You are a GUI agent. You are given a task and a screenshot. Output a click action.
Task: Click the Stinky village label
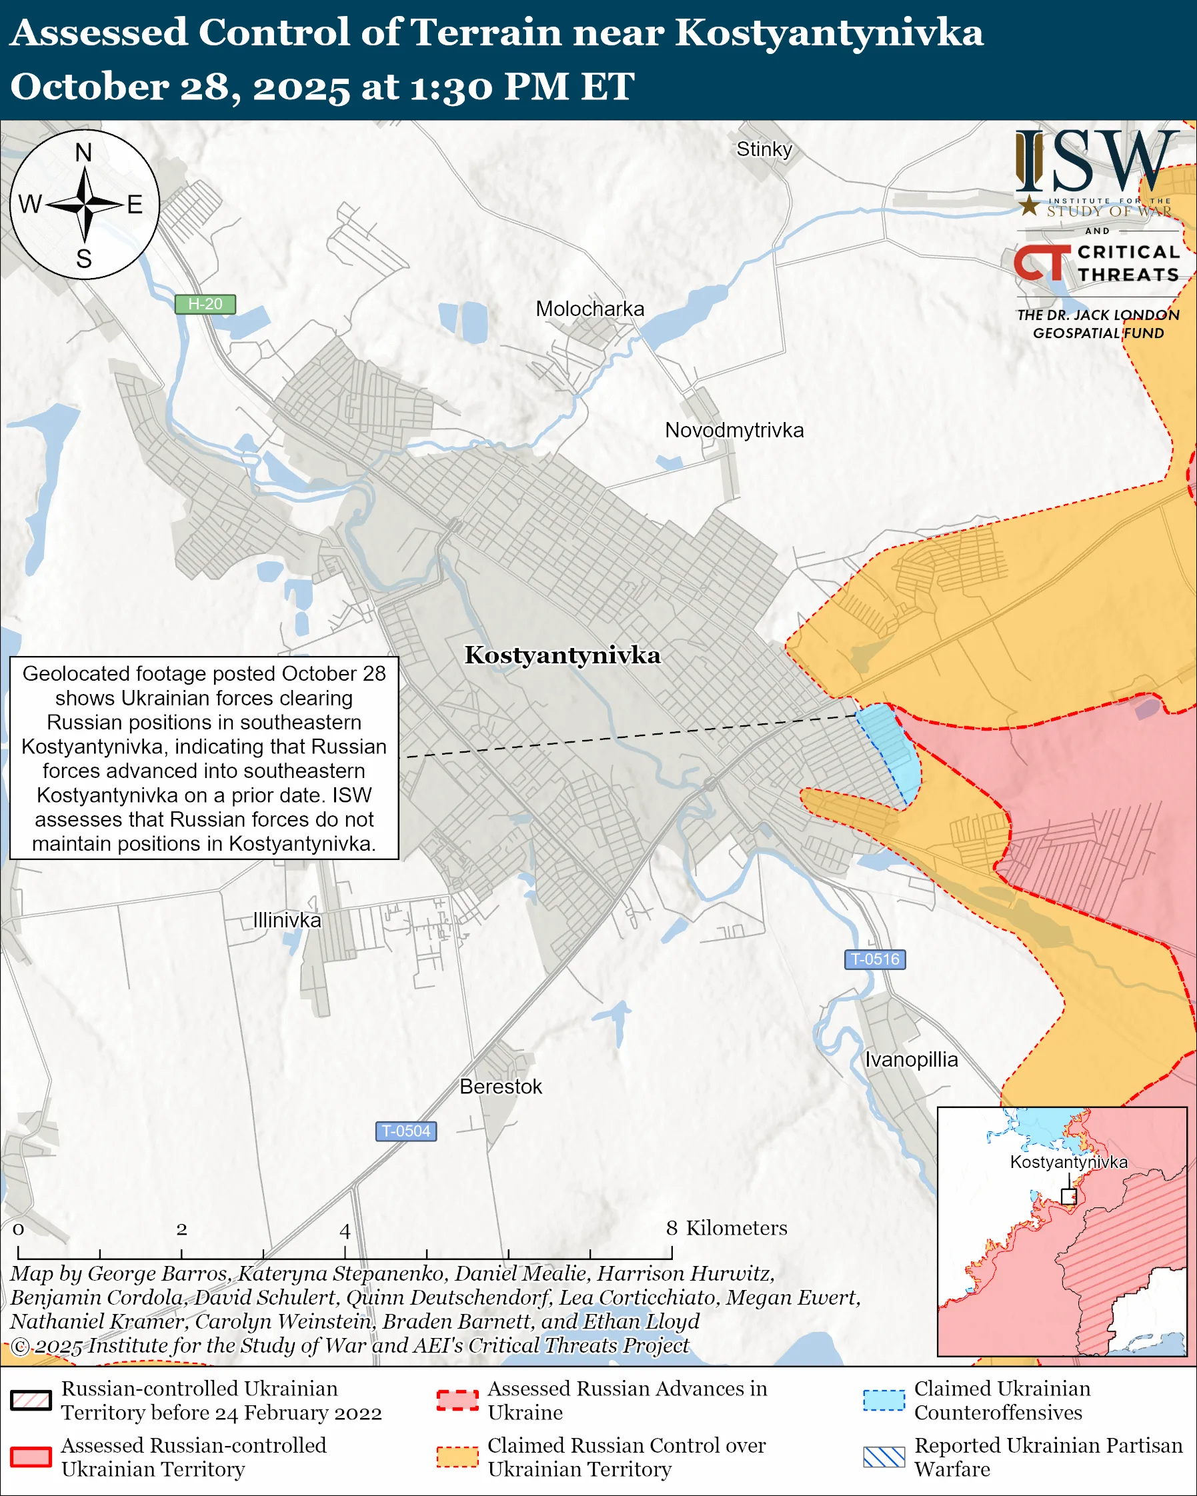pos(764,149)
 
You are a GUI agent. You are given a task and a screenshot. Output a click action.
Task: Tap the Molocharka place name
pos(589,309)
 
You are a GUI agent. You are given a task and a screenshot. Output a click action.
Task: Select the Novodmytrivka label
pos(734,430)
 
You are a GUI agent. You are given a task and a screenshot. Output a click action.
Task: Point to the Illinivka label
pos(287,920)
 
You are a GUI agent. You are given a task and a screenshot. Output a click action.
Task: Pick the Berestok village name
pos(500,1087)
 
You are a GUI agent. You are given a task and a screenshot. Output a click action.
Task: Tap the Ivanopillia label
pos(911,1059)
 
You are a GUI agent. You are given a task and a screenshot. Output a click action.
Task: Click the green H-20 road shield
pos(205,304)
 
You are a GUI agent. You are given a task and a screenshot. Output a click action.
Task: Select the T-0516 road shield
pos(875,959)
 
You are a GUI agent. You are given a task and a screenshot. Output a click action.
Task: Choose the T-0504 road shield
pos(406,1131)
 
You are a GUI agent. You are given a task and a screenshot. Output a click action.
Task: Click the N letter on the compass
pos(83,153)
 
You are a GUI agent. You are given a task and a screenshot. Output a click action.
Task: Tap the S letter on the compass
pos(84,259)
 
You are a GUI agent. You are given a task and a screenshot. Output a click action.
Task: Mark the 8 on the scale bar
pos(672,1229)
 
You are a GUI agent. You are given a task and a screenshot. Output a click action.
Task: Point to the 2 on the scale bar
pos(181,1229)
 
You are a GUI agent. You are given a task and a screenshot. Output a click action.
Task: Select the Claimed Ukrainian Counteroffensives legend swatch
pos(884,1400)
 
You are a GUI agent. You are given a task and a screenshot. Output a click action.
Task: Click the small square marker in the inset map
pos(1068,1196)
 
